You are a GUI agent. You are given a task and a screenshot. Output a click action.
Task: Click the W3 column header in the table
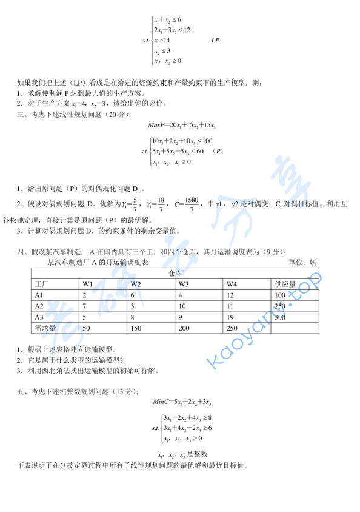tap(184, 284)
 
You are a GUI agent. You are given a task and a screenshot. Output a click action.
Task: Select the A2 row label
tap(39, 306)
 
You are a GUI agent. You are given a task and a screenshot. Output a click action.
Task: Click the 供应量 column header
tap(285, 284)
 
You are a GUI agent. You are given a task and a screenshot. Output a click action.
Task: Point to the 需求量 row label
tap(45, 328)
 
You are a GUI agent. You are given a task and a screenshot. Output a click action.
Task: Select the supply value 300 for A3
tap(279, 317)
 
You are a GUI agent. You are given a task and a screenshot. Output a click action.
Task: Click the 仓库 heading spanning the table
tap(175, 273)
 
